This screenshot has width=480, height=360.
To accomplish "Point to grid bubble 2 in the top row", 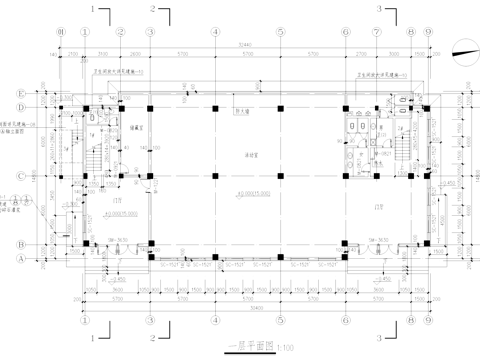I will pos(120,32).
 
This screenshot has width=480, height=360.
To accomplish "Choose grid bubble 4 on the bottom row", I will pos(215,322).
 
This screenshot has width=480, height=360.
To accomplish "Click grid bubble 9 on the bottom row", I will pos(427,322).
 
